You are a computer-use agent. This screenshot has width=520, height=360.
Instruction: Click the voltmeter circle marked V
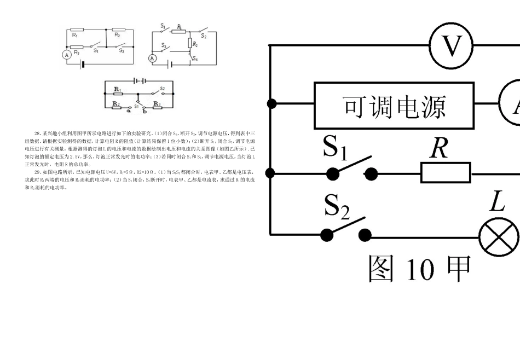point(452,46)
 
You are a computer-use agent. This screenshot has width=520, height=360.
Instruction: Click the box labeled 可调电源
point(394,105)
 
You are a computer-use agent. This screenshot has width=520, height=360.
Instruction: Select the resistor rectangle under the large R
point(446,173)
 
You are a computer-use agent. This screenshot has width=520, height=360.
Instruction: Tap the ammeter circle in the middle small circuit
point(153,59)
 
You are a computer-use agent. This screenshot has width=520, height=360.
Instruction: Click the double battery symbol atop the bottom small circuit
point(140,80)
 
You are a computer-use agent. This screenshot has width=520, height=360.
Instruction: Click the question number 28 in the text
point(37,133)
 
